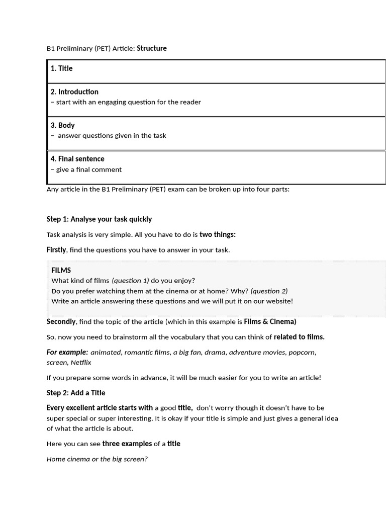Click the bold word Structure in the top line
pyautogui.click(x=152, y=48)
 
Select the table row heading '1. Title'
pyautogui.click(x=61, y=68)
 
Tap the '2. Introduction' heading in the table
pyautogui.click(x=74, y=92)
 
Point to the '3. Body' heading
pyautogui.click(x=62, y=125)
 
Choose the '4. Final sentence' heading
pyautogui.click(x=77, y=159)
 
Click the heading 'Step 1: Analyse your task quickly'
pyautogui.click(x=99, y=219)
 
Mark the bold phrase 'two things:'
pyautogui.click(x=217, y=234)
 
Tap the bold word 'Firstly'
pyautogui.click(x=56, y=250)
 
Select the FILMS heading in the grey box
pyautogui.click(x=61, y=271)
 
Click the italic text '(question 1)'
pyautogui.click(x=130, y=281)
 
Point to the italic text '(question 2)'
pyautogui.click(x=269, y=291)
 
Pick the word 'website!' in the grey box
pyautogui.click(x=278, y=301)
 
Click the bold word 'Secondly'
pyautogui.click(x=61, y=321)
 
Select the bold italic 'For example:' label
pyautogui.click(x=67, y=352)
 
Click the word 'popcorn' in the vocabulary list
pyautogui.click(x=302, y=352)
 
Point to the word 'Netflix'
pyautogui.click(x=81, y=362)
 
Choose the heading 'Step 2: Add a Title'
pyautogui.click(x=76, y=393)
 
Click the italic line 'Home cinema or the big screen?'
pyautogui.click(x=97, y=459)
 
